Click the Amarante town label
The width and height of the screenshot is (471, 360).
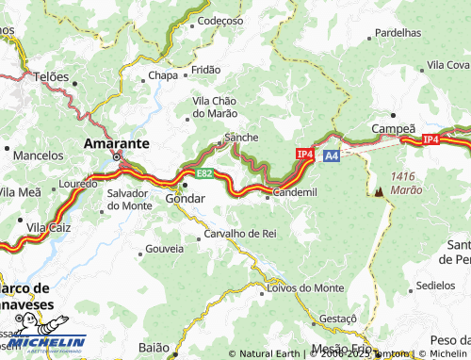coord(116,143)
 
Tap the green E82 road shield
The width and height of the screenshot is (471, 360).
coord(204,174)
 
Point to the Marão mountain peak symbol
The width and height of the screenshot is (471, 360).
coord(379,190)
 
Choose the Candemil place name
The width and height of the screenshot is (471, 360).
coord(295,192)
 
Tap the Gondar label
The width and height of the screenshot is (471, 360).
coord(184,200)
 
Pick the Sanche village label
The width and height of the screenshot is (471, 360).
coord(240,137)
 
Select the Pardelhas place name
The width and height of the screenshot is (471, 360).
coord(398,32)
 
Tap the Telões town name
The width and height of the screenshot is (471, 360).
coord(51,76)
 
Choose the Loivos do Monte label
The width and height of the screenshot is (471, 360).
coord(304,287)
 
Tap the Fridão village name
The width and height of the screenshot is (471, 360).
coord(205,70)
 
